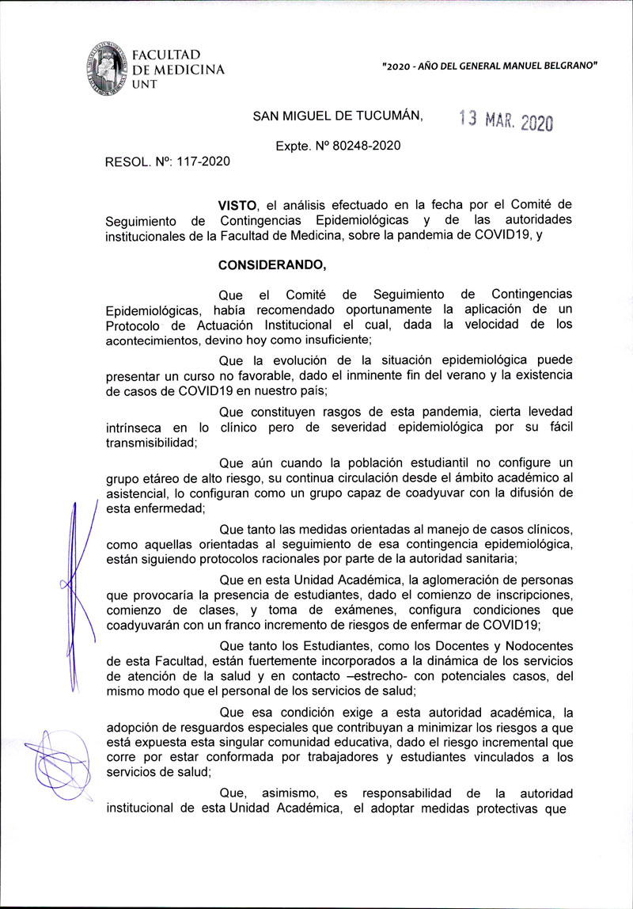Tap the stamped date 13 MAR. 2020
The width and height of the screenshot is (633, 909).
(506, 120)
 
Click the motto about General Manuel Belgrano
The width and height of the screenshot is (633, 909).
(489, 66)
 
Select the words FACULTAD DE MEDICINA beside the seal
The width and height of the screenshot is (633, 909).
(177, 63)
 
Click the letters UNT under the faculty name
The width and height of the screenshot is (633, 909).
(145, 85)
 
